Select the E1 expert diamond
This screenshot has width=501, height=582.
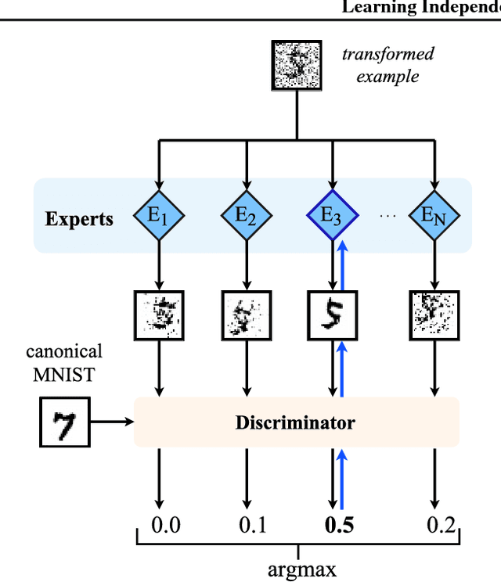[159, 214]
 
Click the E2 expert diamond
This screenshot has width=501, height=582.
[247, 214]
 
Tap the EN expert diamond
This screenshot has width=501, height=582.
[434, 214]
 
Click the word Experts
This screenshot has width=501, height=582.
[78, 219]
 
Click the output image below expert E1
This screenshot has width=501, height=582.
[159, 314]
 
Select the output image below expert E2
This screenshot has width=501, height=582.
[247, 314]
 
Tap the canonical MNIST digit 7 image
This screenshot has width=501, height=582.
[65, 422]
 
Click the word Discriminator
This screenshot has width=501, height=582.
[295, 423]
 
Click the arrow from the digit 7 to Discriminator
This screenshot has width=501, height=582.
[112, 422]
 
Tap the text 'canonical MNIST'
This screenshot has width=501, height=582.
[64, 363]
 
